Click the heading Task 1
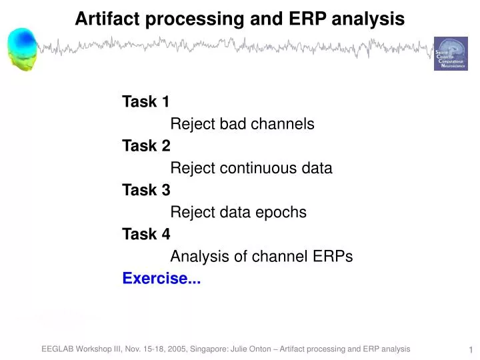click(x=145, y=102)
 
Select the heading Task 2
click(x=146, y=146)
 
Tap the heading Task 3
click(x=146, y=190)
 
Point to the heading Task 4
click(x=146, y=234)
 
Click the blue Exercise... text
click(x=161, y=279)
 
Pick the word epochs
click(x=282, y=213)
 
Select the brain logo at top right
click(x=451, y=53)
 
